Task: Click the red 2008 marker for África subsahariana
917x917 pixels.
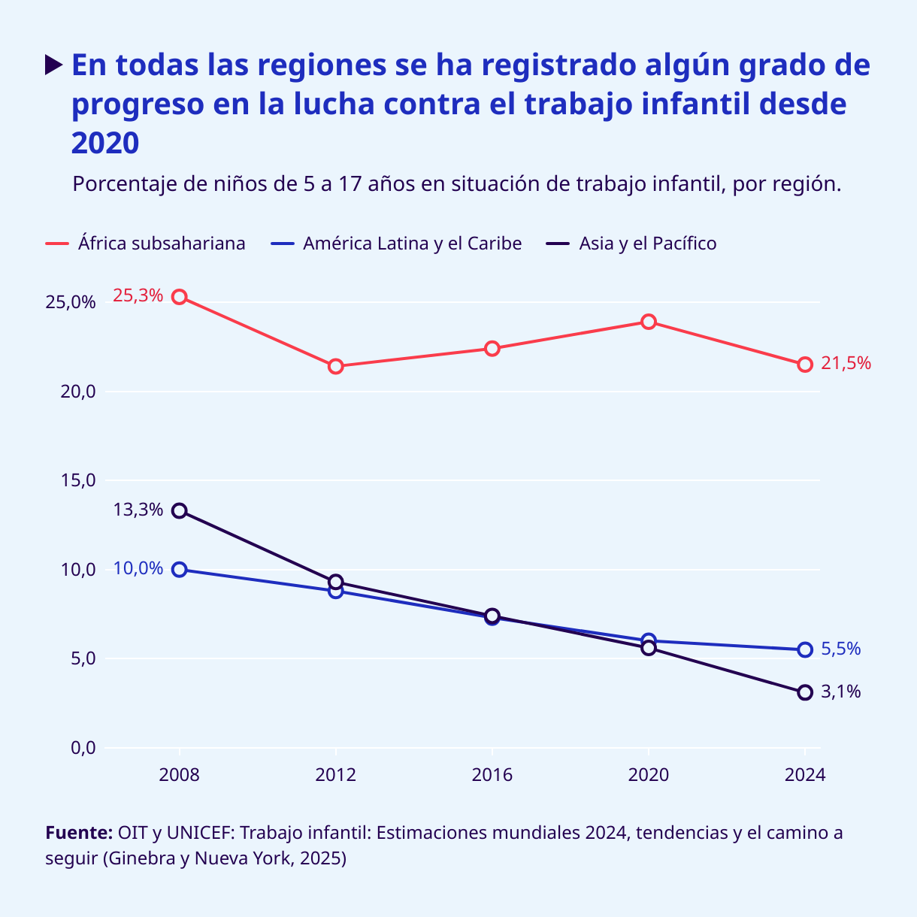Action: pos(179,297)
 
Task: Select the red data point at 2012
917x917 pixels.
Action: pos(336,366)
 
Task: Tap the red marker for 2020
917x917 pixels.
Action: pos(649,322)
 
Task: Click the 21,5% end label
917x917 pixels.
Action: pos(846,364)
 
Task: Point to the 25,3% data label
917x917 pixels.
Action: pos(138,295)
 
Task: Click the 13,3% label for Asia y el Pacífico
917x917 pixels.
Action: pos(138,510)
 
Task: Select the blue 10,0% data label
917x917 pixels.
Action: pos(138,568)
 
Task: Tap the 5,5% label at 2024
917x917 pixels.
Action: pos(840,649)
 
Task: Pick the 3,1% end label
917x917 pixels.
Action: pos(840,692)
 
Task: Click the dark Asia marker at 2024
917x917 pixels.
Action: pos(805,692)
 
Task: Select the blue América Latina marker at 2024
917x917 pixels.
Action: pos(805,649)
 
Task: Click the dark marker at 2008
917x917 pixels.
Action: pos(179,511)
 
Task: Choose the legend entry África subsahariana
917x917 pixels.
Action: pos(162,244)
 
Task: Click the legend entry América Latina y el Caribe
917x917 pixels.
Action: pos(412,244)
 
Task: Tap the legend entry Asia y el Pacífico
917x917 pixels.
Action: pos(647,244)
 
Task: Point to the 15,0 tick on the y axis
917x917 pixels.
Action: pos(78,480)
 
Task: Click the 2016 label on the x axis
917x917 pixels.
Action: pos(492,775)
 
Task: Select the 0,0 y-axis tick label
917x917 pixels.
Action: pos(83,747)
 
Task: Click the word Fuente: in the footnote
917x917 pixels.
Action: pos(79,833)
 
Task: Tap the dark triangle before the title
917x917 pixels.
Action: pos(54,65)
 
